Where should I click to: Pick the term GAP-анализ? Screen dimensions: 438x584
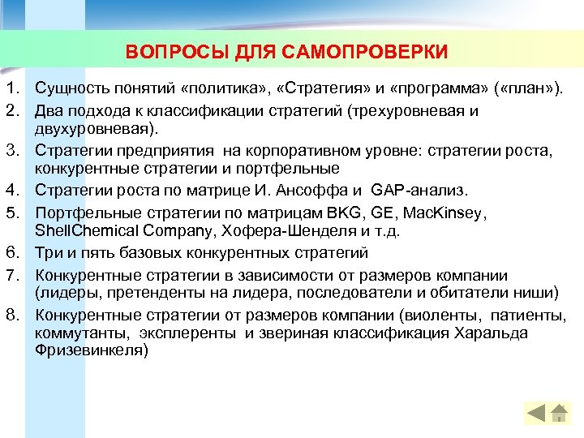[419, 191]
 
